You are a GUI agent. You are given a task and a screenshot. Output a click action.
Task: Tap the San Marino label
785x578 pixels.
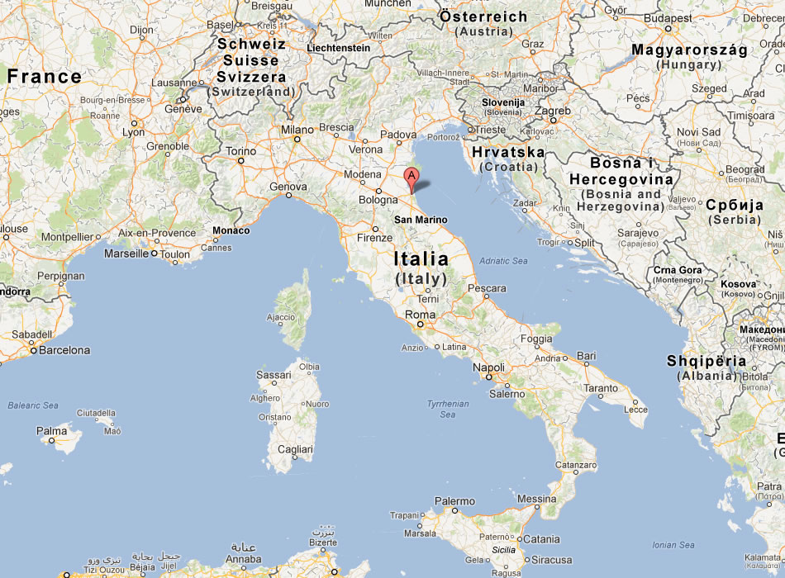[x=421, y=220]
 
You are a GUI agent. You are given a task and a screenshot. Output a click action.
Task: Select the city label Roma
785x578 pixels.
[x=420, y=315]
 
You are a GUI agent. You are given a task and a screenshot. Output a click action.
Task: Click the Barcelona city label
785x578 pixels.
[x=64, y=350]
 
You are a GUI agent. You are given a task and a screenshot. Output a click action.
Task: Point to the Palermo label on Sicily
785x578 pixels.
[x=454, y=501]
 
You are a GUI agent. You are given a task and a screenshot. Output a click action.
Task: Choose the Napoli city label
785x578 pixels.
[x=488, y=367]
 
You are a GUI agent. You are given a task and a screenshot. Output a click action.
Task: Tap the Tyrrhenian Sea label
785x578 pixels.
[x=448, y=409]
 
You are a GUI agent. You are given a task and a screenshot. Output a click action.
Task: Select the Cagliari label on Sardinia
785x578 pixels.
[x=295, y=449]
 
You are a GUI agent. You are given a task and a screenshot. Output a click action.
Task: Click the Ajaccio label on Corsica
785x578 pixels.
[x=281, y=317]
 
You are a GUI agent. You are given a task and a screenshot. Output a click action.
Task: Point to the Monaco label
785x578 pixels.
[x=231, y=230]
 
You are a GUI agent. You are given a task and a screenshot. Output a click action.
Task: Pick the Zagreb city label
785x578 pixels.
[x=553, y=111]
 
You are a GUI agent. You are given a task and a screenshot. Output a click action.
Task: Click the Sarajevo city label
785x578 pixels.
[x=637, y=234]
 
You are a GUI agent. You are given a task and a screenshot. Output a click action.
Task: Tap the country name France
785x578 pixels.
[x=45, y=78]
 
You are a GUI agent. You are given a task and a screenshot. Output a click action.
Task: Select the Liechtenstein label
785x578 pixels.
[x=338, y=48]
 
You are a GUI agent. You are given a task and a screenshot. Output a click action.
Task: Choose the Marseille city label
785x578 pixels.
[x=126, y=253]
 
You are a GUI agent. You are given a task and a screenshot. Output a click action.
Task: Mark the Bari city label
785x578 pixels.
[x=586, y=356]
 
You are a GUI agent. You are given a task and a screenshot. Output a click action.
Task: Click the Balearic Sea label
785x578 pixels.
[x=33, y=405]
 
